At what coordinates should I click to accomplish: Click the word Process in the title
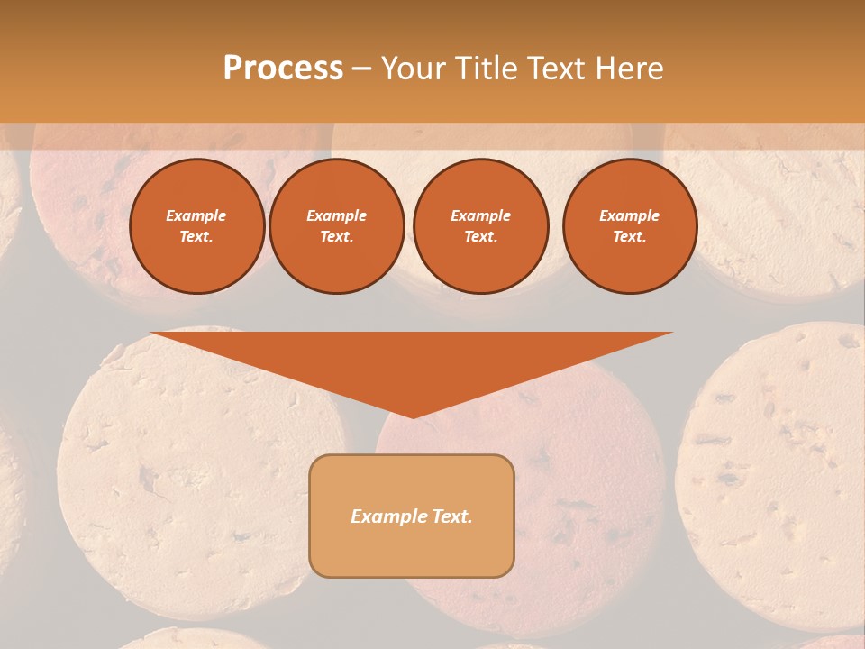(x=283, y=69)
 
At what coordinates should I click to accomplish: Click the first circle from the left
(x=197, y=226)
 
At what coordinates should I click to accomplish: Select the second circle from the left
(x=337, y=226)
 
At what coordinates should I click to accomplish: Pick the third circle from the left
(x=481, y=226)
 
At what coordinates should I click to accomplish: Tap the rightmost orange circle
(x=630, y=226)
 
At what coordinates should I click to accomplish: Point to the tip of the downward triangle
(x=413, y=416)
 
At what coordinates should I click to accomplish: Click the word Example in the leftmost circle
(x=196, y=215)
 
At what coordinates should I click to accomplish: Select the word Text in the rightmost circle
(x=629, y=237)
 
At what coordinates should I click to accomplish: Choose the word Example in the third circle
(x=481, y=215)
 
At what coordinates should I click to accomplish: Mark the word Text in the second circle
(x=336, y=237)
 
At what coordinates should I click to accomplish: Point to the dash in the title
(x=361, y=69)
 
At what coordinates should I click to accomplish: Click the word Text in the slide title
(x=552, y=69)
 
